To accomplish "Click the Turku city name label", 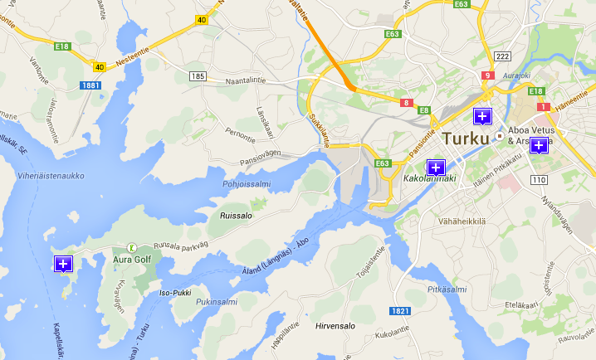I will [466, 139].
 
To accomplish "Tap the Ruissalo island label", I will [236, 215].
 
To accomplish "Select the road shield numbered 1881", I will [90, 85].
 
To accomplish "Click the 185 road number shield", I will [197, 76].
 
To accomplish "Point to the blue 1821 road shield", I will [400, 310].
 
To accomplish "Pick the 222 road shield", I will [501, 56].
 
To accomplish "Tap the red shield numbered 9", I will [487, 75].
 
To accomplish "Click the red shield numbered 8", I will [406, 103].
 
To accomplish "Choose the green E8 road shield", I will [424, 109].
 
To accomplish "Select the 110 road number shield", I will [538, 179].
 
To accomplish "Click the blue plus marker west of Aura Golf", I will [63, 264].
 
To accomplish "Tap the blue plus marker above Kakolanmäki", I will [436, 167].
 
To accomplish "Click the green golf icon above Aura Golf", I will [131, 246].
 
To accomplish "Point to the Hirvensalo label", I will [335, 326].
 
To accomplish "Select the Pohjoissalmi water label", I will [247, 184].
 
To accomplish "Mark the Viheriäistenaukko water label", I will [51, 176].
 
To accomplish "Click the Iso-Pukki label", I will [175, 292].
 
